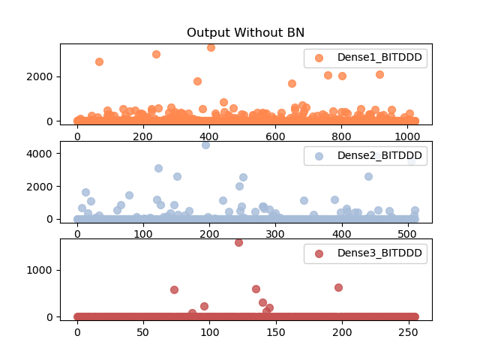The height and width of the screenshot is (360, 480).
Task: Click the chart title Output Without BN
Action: point(245,32)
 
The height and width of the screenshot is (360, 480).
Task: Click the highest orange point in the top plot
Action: point(211,47)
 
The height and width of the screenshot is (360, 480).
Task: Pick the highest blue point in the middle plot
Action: point(205,145)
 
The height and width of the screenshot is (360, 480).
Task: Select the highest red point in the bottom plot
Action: point(238,242)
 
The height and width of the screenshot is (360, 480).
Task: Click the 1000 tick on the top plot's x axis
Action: point(407,136)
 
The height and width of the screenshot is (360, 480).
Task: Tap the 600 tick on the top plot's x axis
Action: point(275,136)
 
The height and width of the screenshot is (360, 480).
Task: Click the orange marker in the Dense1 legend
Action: point(319,58)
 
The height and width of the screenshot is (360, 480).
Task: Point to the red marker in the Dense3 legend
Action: point(319,253)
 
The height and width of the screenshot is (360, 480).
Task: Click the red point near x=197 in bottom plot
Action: point(338,287)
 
